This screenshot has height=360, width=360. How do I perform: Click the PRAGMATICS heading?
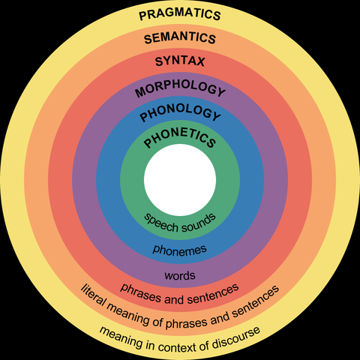(180, 13)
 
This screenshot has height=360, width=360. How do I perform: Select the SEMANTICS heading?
(180, 37)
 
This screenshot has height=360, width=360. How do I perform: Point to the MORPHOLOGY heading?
(180, 91)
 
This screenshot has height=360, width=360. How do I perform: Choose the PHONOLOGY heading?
(180, 115)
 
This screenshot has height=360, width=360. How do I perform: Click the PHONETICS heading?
(180, 140)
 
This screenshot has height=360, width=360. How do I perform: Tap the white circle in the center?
(180, 180)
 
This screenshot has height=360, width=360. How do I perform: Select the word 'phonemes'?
(180, 248)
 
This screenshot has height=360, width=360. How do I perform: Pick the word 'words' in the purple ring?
(180, 275)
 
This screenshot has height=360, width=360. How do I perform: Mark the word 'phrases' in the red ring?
(139, 289)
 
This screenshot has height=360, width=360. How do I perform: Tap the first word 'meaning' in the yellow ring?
(120, 331)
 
